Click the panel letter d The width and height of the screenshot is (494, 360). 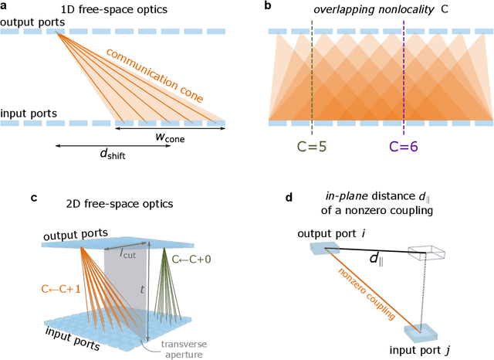[288, 197]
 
